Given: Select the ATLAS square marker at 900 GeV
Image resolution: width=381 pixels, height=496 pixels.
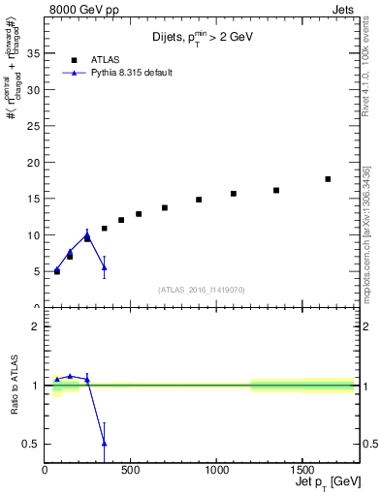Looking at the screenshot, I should coord(199,200).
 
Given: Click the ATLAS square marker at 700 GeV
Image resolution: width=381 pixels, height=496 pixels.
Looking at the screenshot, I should coord(165,207).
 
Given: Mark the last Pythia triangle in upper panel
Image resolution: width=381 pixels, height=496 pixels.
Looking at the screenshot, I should coord(104,267).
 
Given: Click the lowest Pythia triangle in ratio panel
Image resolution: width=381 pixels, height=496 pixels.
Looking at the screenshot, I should coord(104,443).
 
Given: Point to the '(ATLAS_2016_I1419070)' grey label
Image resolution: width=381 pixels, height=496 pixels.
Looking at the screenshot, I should coord(202,289).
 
